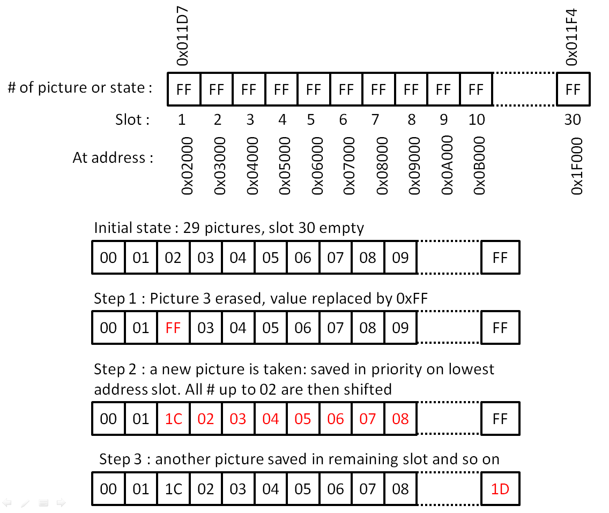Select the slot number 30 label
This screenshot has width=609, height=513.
tap(573, 119)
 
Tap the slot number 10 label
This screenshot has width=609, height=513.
tap(476, 119)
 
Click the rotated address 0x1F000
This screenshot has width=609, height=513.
tap(577, 166)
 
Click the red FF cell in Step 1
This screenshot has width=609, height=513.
tap(173, 328)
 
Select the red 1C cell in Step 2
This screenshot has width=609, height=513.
tap(173, 419)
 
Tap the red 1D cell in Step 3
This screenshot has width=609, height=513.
tap(500, 489)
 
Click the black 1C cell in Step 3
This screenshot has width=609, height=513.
tap(173, 489)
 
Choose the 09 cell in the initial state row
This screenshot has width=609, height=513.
tap(400, 258)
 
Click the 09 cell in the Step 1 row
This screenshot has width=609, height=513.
tap(400, 328)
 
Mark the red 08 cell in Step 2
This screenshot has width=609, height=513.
tap(400, 419)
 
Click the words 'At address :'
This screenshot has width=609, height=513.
tap(113, 158)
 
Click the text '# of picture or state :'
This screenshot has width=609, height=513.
tap(80, 88)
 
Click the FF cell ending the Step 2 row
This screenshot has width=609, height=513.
tap(500, 419)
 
